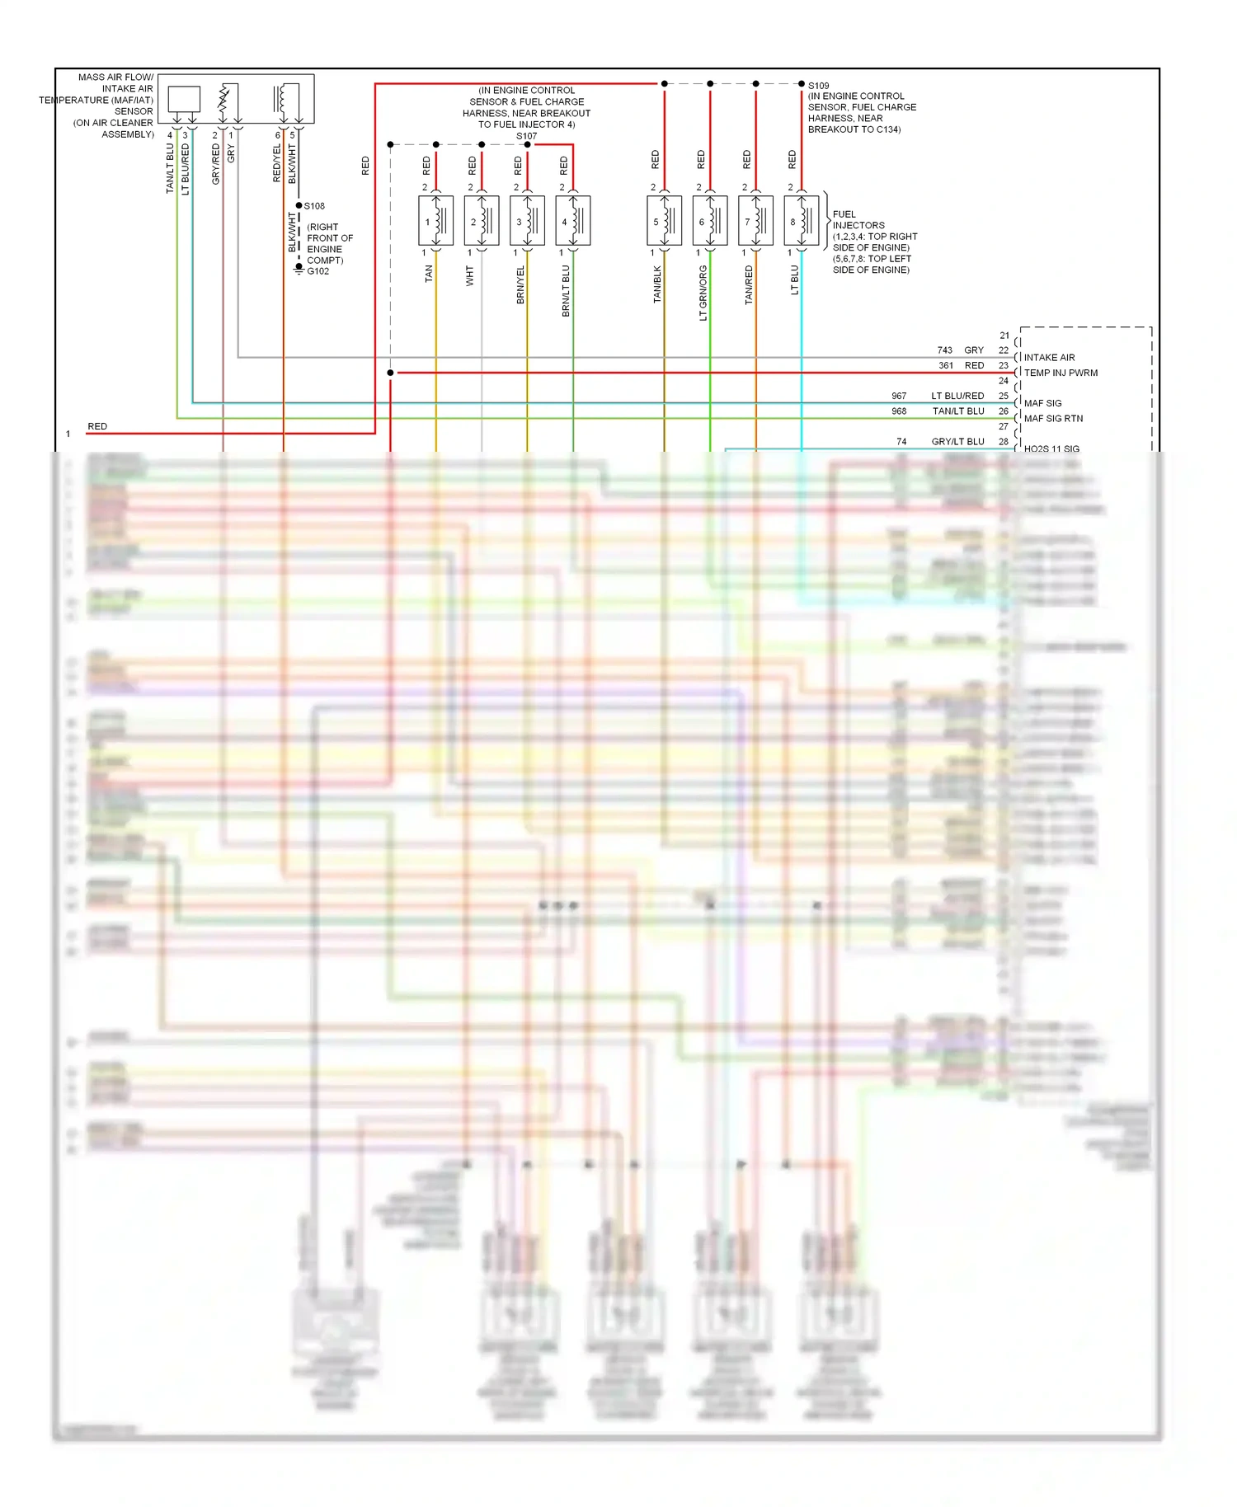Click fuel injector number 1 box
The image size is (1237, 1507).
pos(435,221)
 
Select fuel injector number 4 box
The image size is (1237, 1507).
pos(572,221)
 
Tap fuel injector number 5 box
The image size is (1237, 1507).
pos(664,221)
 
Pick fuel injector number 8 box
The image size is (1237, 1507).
pos(801,221)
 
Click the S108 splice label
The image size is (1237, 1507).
pos(314,206)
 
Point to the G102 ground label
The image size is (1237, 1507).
pos(317,271)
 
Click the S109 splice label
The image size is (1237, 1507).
pos(818,86)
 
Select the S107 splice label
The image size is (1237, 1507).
pos(526,136)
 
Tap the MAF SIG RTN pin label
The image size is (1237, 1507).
pos(1053,419)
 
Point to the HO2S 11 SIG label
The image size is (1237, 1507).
pos(1051,449)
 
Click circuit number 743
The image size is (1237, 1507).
pos(944,350)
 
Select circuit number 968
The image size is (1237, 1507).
pos(899,411)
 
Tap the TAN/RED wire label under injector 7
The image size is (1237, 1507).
pos(749,285)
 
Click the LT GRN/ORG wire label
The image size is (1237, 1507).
pos(703,293)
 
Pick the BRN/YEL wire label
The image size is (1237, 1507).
pos(520,285)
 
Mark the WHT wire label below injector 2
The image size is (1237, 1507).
pos(470,275)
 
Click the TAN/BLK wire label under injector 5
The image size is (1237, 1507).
pos(657,284)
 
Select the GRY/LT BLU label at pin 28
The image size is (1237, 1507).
pos(957,442)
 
